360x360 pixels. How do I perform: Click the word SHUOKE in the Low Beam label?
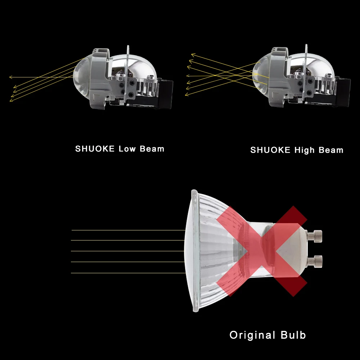click(95, 149)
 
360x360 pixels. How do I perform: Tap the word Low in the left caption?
click(126, 149)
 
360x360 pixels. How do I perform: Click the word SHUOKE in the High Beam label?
click(270, 150)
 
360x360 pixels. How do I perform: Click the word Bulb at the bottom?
click(292, 335)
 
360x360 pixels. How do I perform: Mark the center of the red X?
click(262, 251)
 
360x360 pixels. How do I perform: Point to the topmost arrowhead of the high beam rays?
click(192, 55)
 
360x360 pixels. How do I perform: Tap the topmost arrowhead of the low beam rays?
click(10, 77)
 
